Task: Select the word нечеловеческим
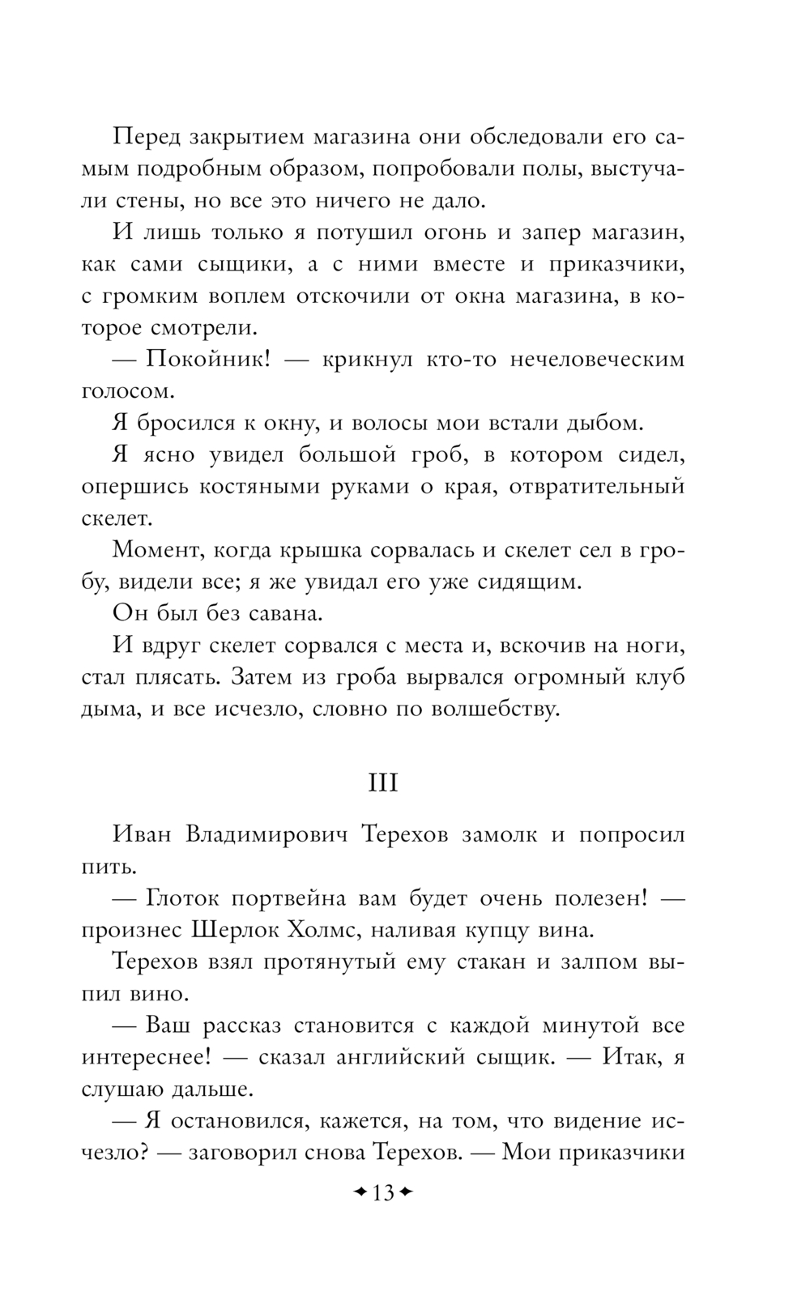(597, 359)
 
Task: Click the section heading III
(383, 783)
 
